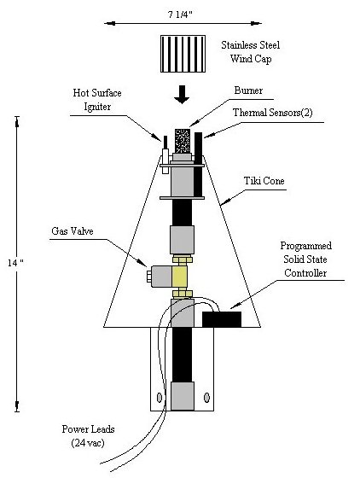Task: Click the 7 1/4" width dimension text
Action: pyautogui.click(x=180, y=15)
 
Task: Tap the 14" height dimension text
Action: pyautogui.click(x=16, y=263)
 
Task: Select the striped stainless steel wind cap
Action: pyautogui.click(x=183, y=54)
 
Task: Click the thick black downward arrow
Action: pyautogui.click(x=182, y=95)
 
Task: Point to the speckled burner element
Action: pyautogui.click(x=183, y=141)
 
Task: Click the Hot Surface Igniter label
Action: pyautogui.click(x=97, y=100)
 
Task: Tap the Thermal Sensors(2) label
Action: pyautogui.click(x=273, y=113)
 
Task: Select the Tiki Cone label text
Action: pyautogui.click(x=264, y=181)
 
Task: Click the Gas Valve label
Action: pyautogui.click(x=73, y=231)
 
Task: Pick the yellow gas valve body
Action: pyautogui.click(x=179, y=277)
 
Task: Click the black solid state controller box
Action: pyautogui.click(x=222, y=319)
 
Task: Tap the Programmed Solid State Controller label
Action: pyautogui.click(x=305, y=259)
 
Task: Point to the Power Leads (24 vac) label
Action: pyautogui.click(x=88, y=435)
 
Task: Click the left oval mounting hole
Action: pyautogui.click(x=160, y=397)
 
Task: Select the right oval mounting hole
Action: pyautogui.click(x=206, y=398)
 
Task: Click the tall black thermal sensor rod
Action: pyautogui.click(x=198, y=165)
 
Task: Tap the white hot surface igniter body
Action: pyautogui.click(x=165, y=161)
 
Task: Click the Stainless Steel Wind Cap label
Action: pyautogui.click(x=250, y=51)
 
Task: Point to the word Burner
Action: pyautogui.click(x=248, y=90)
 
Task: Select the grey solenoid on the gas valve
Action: pyautogui.click(x=161, y=277)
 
